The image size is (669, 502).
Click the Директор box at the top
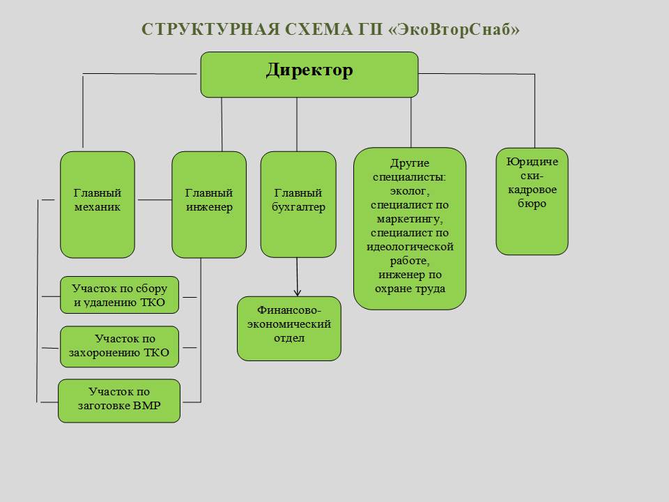(309, 75)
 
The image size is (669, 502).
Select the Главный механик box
(98, 204)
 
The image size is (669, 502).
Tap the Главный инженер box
(209, 204)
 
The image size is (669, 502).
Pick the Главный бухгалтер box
(298, 204)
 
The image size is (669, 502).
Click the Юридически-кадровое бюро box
(532, 201)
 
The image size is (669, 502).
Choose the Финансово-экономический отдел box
(289, 328)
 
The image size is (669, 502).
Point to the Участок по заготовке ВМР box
(119, 400)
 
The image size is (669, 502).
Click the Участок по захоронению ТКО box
(119, 347)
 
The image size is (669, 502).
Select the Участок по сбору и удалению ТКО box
(119, 296)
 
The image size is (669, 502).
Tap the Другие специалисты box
(410, 228)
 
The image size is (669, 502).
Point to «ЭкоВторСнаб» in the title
(458, 29)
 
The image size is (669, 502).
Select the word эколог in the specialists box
(408, 190)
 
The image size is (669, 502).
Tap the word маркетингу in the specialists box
(409, 218)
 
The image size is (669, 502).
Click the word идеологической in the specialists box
(410, 247)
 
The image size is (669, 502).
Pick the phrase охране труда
(410, 288)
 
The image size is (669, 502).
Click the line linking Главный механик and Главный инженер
(153, 200)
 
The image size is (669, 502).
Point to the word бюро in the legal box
(532, 204)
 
